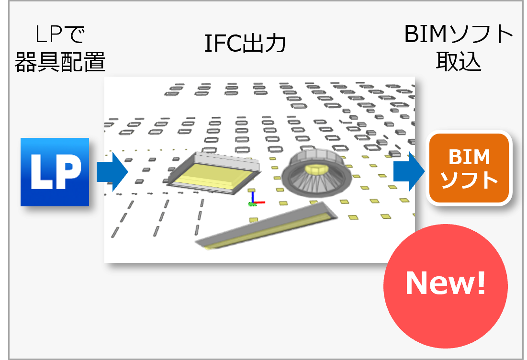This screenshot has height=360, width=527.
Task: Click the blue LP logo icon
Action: point(55,172)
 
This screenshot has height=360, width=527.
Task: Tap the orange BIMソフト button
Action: point(469,169)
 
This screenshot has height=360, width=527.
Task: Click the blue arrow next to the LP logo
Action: point(112,172)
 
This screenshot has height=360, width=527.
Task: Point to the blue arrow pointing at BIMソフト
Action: point(409,172)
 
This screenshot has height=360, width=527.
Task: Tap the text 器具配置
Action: point(60,62)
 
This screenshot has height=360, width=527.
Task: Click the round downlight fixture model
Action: point(316,172)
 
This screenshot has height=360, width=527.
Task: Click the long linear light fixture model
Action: point(267,226)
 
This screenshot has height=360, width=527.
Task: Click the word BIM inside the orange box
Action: point(469,157)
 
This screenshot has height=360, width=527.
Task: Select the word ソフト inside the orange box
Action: point(469,180)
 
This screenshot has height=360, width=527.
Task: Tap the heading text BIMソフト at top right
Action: point(459,35)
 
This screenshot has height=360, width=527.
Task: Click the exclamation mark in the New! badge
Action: point(481,282)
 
